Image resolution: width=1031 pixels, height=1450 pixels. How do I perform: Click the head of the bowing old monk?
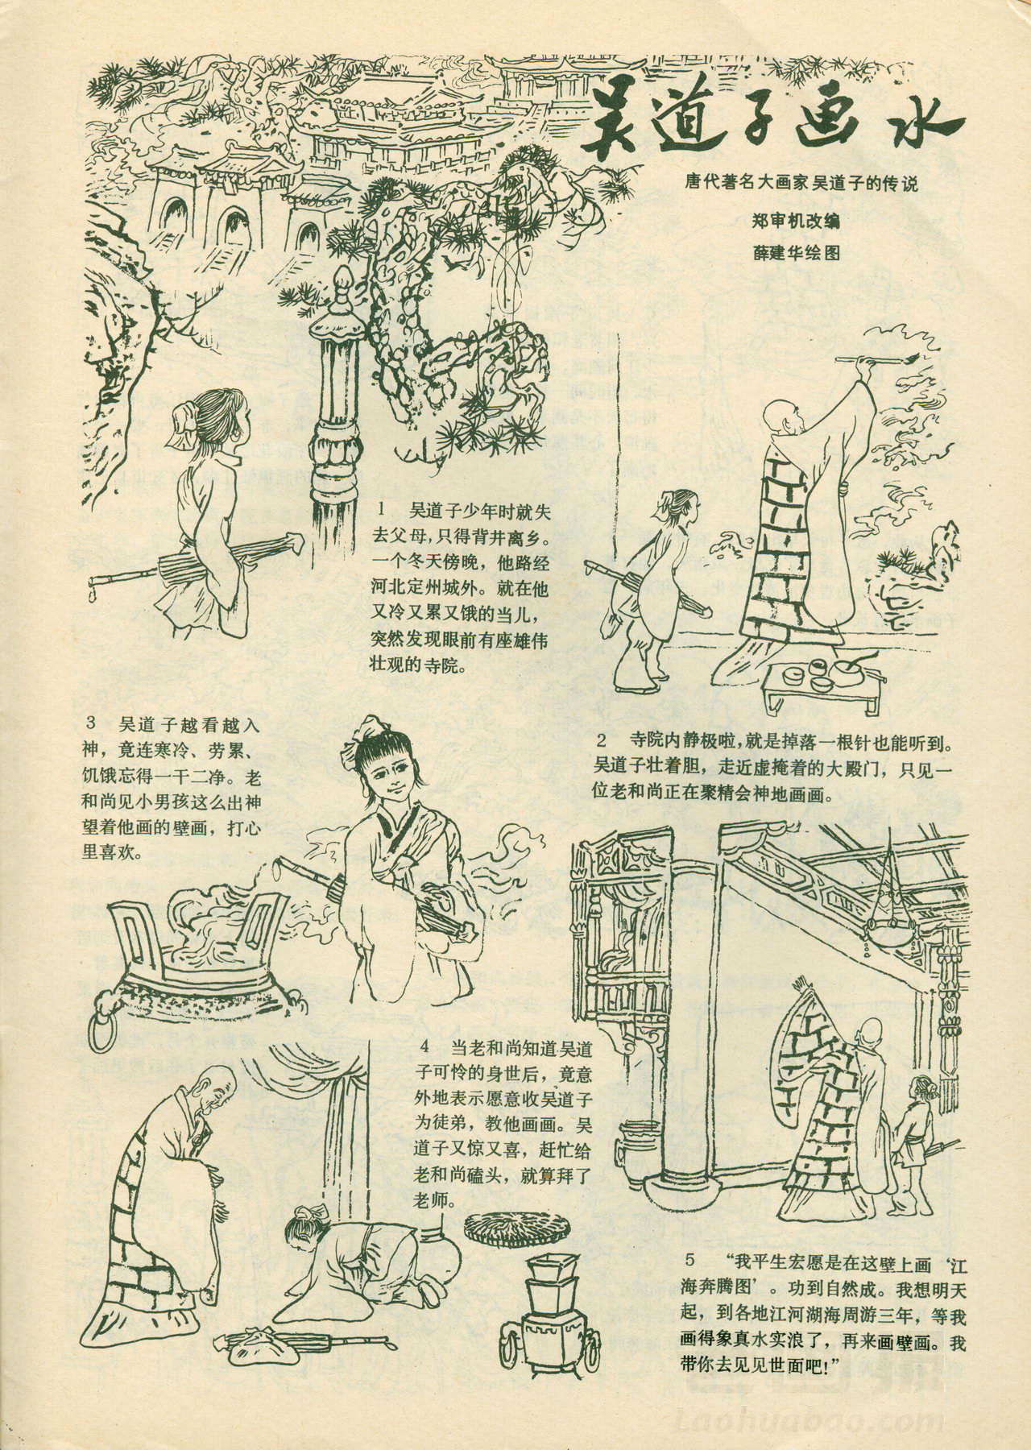click(211, 1087)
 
